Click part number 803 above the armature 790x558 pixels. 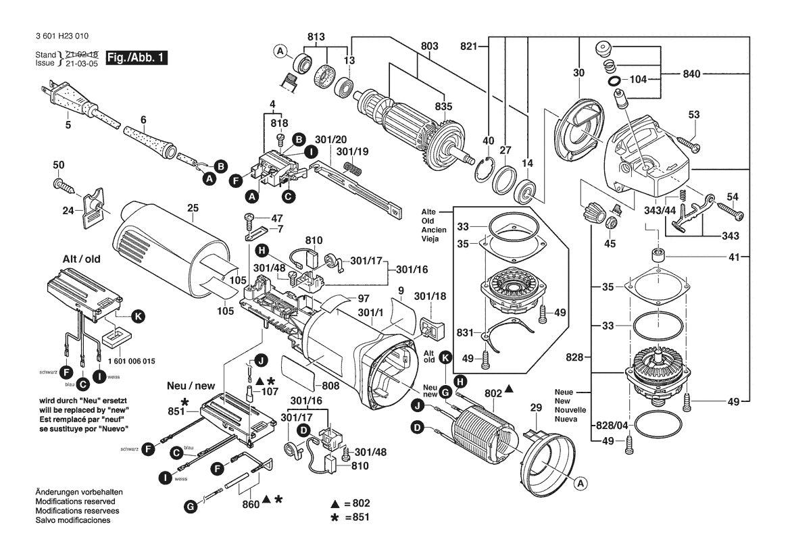click(x=429, y=45)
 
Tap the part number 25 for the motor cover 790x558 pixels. click(x=193, y=208)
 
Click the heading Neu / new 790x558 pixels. click(x=191, y=386)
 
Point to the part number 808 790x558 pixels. click(x=330, y=387)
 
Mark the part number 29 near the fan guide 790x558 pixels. click(x=535, y=408)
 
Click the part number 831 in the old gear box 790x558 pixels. click(x=466, y=333)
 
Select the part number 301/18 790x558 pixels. click(x=430, y=295)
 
